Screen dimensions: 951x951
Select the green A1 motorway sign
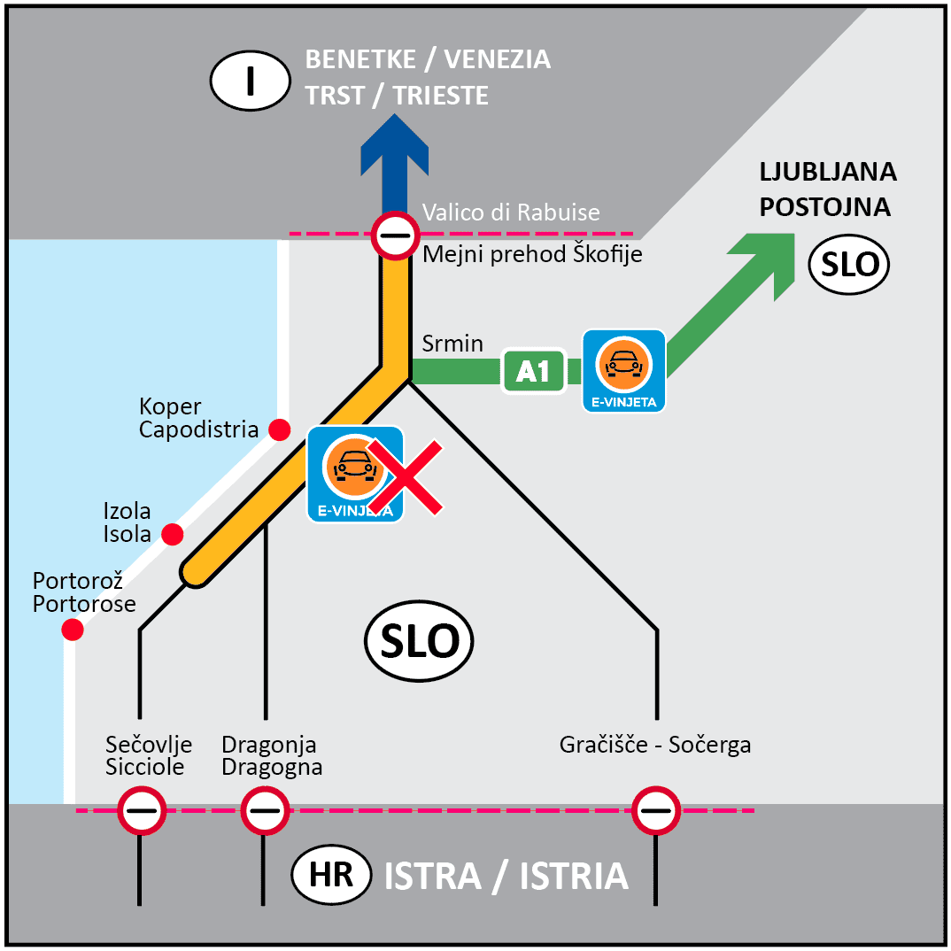(533, 372)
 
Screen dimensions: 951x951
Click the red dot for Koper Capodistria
(280, 429)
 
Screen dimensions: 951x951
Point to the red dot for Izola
(173, 535)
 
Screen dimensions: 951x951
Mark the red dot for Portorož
(73, 630)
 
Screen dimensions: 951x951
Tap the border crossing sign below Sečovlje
(141, 810)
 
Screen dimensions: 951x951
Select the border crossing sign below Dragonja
(264, 810)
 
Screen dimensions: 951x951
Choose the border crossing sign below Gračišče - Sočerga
(656, 810)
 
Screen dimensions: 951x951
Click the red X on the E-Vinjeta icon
(405, 478)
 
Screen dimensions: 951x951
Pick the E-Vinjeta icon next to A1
(623, 370)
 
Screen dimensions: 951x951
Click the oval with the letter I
(251, 80)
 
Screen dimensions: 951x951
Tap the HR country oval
(331, 875)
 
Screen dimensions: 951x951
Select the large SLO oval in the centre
(419, 641)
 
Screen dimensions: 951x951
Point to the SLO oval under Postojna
(849, 264)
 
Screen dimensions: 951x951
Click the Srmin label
(452, 344)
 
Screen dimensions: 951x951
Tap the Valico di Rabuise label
(511, 213)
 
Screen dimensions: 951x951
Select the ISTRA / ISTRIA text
(506, 877)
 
